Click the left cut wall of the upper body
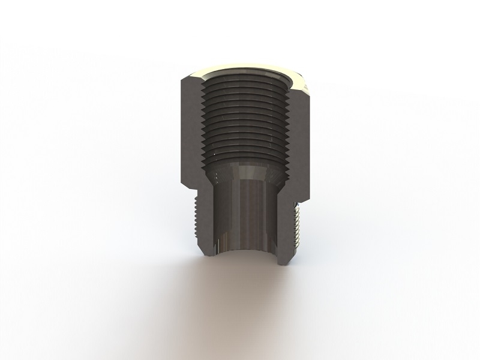pyautogui.click(x=191, y=126)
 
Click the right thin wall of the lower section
pyautogui.click(x=282, y=222)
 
